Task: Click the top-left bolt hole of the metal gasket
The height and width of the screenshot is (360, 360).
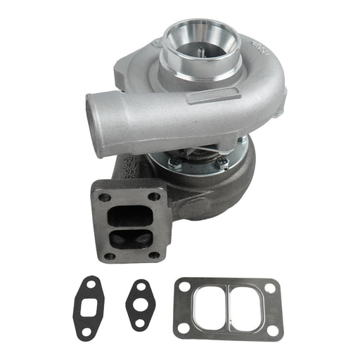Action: (x=184, y=287)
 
